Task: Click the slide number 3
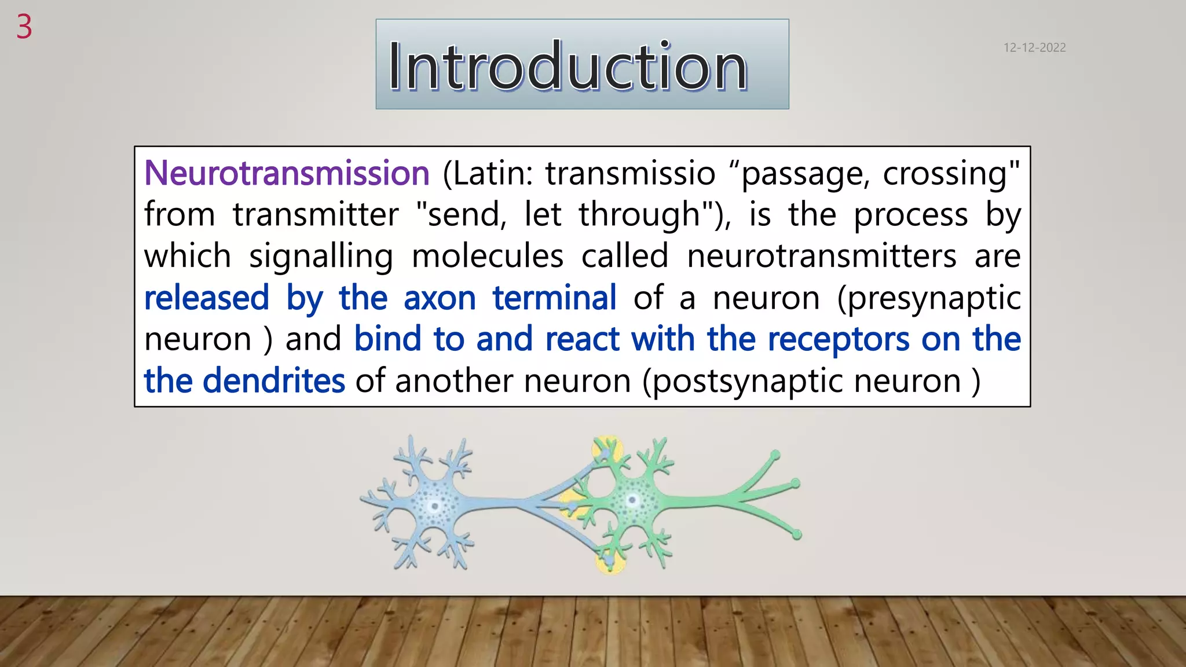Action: point(24,27)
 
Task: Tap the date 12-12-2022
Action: point(1034,47)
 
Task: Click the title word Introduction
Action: point(568,66)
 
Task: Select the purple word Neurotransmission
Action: point(287,173)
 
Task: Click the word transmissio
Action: point(630,173)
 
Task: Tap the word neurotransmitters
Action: point(821,256)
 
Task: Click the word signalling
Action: point(321,257)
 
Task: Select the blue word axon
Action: point(440,298)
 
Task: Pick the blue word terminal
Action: point(554,298)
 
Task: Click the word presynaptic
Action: point(930,299)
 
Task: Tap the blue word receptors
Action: point(838,339)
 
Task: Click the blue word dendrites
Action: point(274,380)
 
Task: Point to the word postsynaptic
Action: point(744,382)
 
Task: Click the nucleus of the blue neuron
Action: point(434,507)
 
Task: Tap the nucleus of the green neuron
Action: point(632,500)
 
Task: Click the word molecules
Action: point(487,256)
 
